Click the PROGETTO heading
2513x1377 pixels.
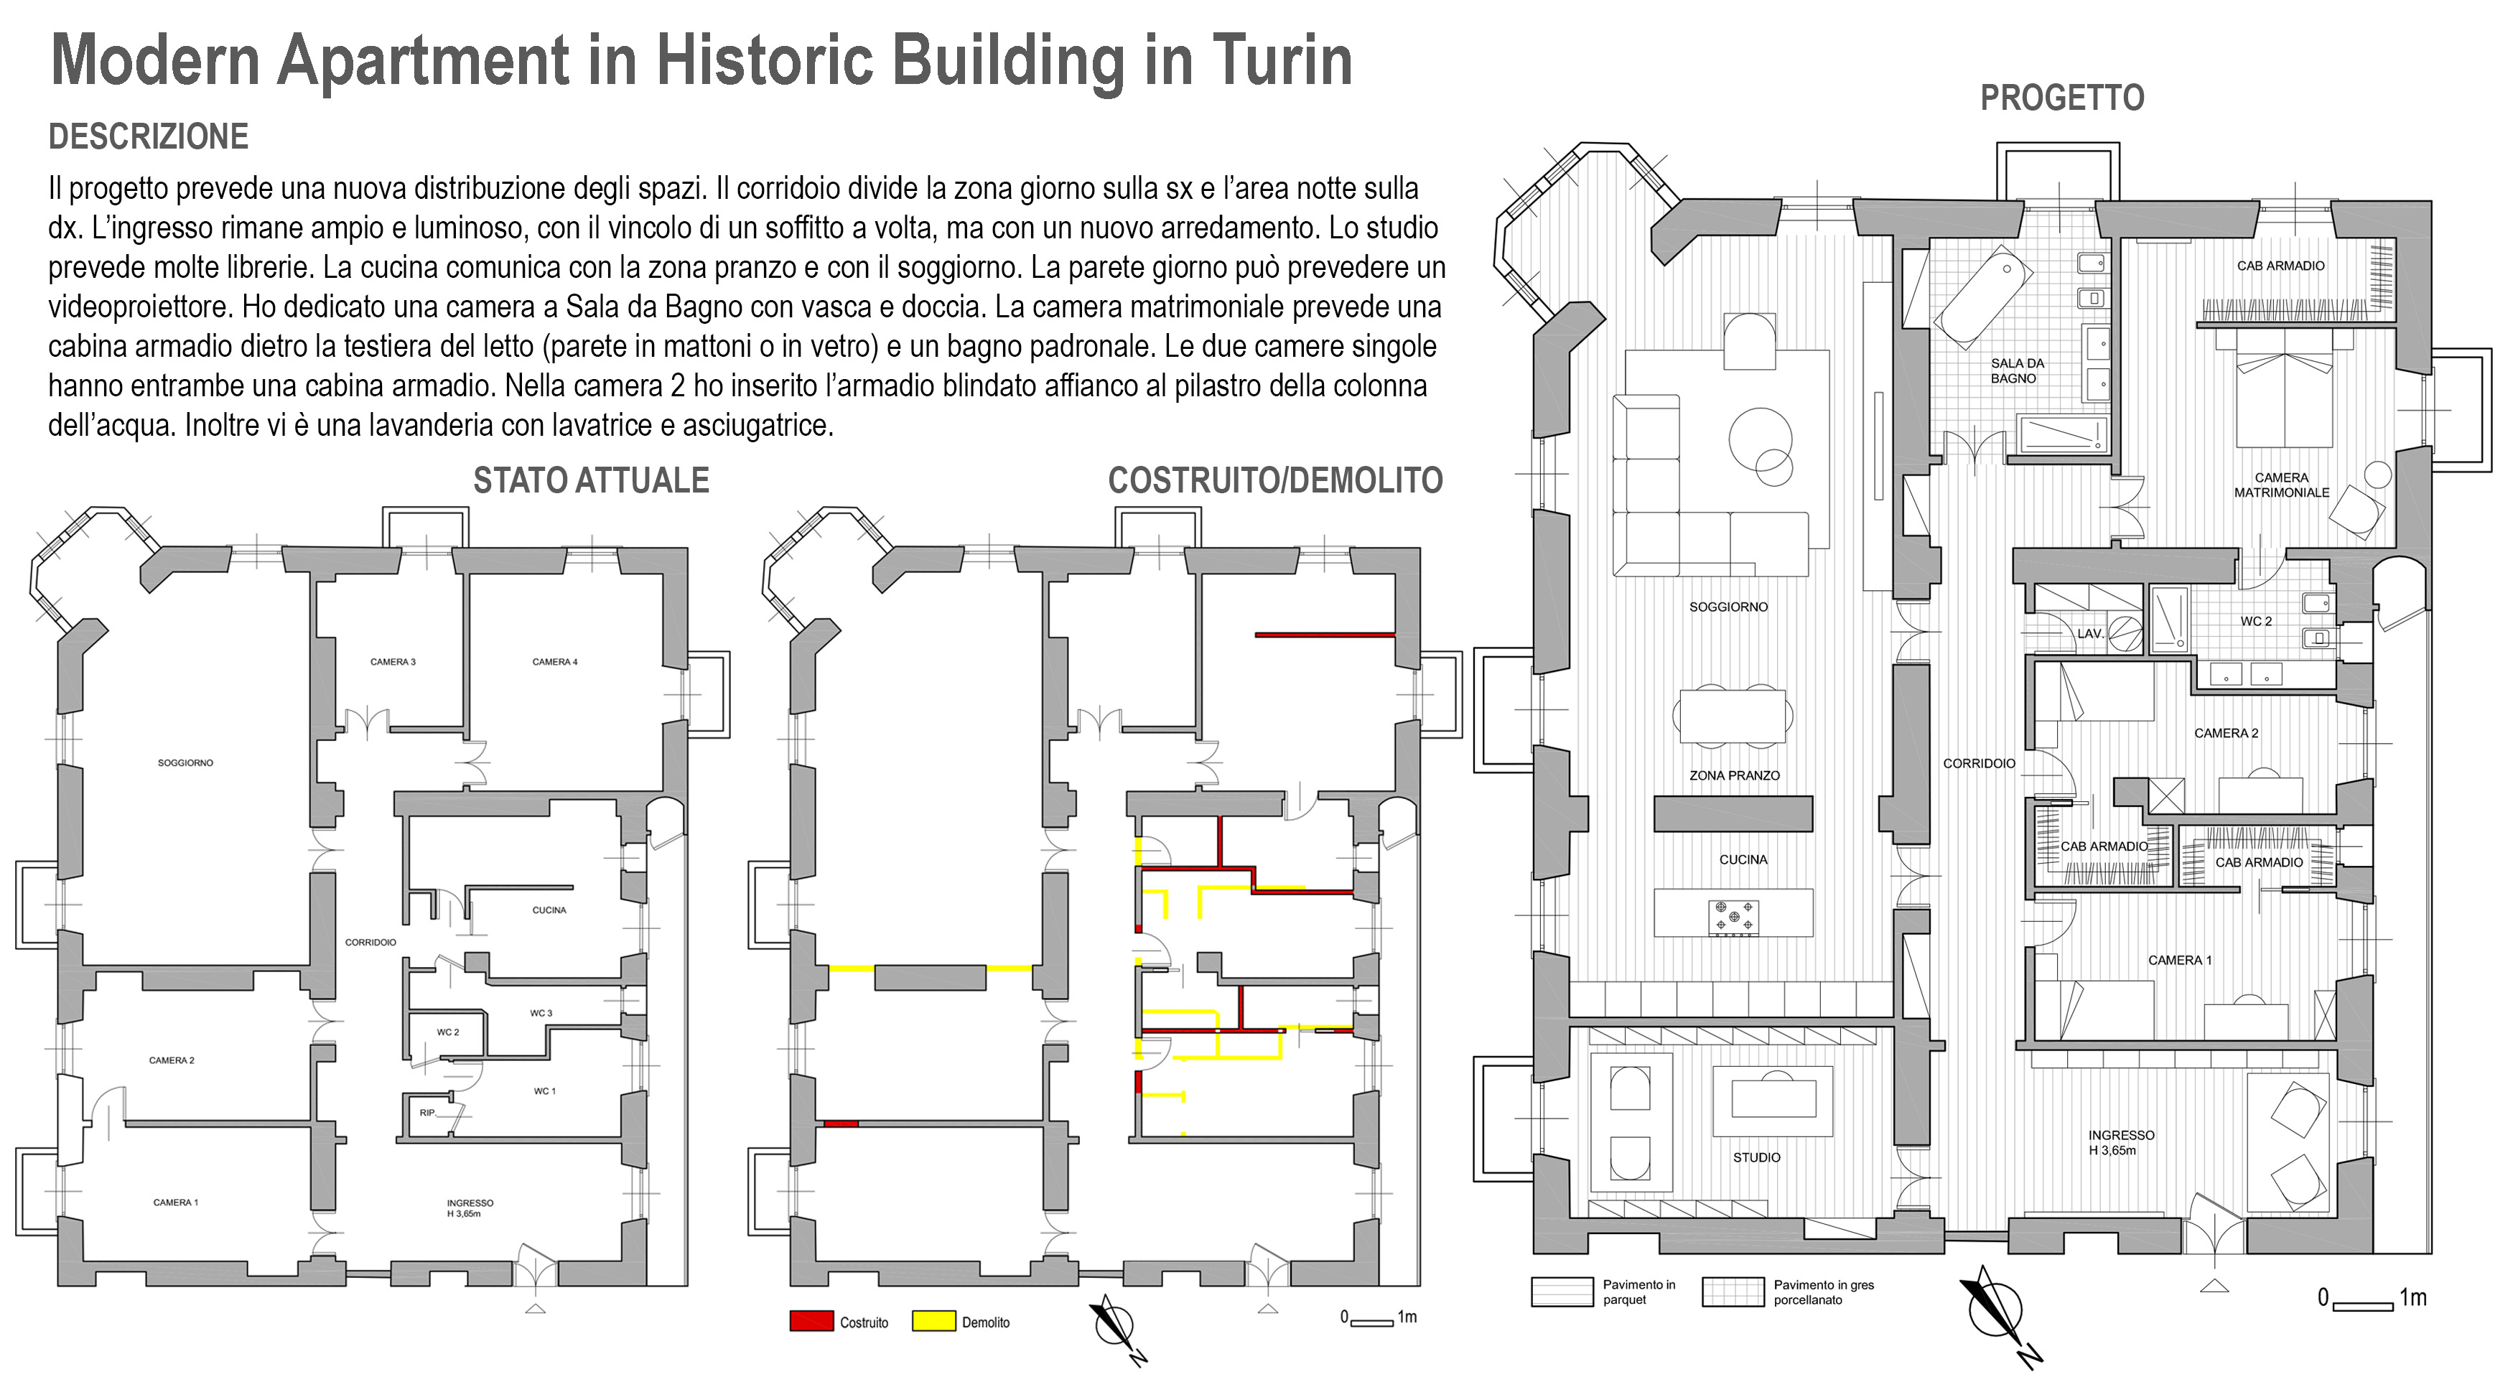[2061, 98]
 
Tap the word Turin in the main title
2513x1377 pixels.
[1282, 60]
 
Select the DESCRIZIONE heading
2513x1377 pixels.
[149, 136]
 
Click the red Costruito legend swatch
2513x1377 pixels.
[811, 1322]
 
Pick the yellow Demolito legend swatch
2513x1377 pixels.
[933, 1322]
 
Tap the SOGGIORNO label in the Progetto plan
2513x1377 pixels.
[1728, 607]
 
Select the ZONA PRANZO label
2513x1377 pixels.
[1733, 775]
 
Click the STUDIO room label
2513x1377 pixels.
[1756, 1157]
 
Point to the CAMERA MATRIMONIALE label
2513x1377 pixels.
[2281, 485]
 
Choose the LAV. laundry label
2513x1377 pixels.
[2089, 634]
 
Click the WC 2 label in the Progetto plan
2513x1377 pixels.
[2255, 621]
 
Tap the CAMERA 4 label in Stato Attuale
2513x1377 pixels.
[554, 662]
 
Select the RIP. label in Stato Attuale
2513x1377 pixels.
[427, 1113]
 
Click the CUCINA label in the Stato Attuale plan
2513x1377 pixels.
[549, 910]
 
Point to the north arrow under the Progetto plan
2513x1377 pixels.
[1999, 1312]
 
